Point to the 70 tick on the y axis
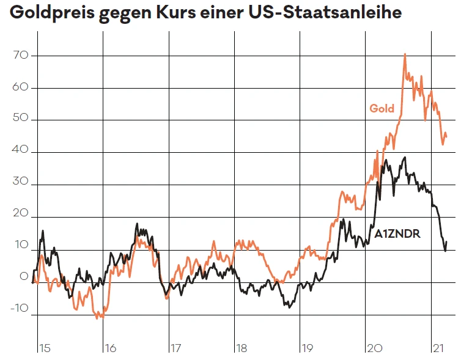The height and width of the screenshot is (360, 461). (x=21, y=56)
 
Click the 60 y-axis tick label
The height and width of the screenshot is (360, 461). (x=21, y=87)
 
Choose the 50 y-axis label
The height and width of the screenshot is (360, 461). (x=21, y=120)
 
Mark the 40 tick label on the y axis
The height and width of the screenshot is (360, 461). (x=21, y=152)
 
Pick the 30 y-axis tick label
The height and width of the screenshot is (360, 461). (x=21, y=184)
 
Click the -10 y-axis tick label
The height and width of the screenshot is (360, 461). (x=20, y=309)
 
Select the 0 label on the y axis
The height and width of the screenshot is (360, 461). (x=24, y=276)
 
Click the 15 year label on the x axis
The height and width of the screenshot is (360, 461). (x=44, y=348)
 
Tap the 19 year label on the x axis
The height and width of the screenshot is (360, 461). (x=306, y=348)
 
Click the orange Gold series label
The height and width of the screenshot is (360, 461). (x=382, y=109)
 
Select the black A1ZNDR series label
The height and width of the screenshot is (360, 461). (x=397, y=233)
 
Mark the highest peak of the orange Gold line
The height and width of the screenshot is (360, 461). (x=405, y=54)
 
